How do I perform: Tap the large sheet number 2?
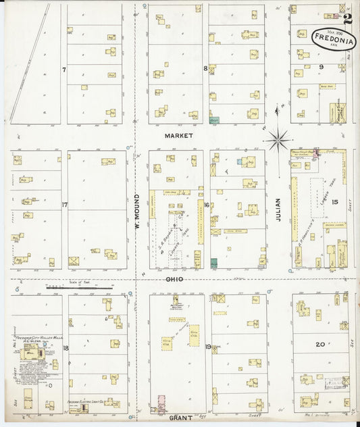(x=347, y=20)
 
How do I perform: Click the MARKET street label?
(x=178, y=136)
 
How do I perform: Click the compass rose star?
(x=278, y=140)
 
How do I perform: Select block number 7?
(x=63, y=69)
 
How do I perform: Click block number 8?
(x=205, y=68)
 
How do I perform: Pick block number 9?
(x=322, y=66)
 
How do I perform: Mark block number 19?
(x=207, y=347)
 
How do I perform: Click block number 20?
(x=320, y=344)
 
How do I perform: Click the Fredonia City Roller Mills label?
(x=31, y=338)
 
